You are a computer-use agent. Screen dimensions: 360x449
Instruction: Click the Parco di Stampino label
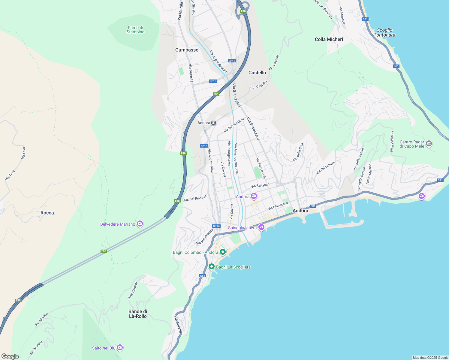click(x=135, y=30)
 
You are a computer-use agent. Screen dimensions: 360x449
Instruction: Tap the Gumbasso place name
click(x=187, y=50)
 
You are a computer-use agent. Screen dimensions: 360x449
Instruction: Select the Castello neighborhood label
click(x=257, y=73)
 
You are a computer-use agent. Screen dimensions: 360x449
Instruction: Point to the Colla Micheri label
click(x=329, y=39)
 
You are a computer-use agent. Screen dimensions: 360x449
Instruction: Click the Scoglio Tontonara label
click(x=384, y=32)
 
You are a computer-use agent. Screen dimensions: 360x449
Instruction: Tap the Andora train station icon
click(x=213, y=123)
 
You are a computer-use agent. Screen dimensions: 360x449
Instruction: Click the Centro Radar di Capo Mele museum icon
click(x=429, y=144)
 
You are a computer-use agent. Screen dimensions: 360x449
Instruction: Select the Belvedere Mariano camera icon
click(x=140, y=224)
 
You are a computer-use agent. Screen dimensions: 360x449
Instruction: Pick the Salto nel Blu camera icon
click(x=120, y=348)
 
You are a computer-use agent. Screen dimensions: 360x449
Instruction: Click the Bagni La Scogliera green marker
click(x=212, y=267)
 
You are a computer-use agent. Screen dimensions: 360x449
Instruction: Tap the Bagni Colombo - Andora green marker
click(x=223, y=252)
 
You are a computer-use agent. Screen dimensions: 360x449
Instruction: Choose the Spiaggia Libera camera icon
click(x=261, y=227)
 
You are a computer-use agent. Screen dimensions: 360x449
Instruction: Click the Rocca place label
click(x=47, y=213)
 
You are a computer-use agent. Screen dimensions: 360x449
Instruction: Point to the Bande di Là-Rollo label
click(x=138, y=314)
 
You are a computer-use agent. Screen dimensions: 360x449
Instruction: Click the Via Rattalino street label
click(x=260, y=186)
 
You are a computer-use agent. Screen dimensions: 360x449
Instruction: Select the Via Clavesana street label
click(x=278, y=206)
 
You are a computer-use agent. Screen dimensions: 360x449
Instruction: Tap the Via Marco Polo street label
click(x=261, y=168)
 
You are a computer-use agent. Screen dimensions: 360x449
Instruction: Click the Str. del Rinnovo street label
click(x=195, y=198)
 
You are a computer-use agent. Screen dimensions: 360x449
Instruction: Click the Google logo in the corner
click(x=10, y=356)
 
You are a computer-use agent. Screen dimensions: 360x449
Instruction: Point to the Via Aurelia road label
click(x=178, y=324)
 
